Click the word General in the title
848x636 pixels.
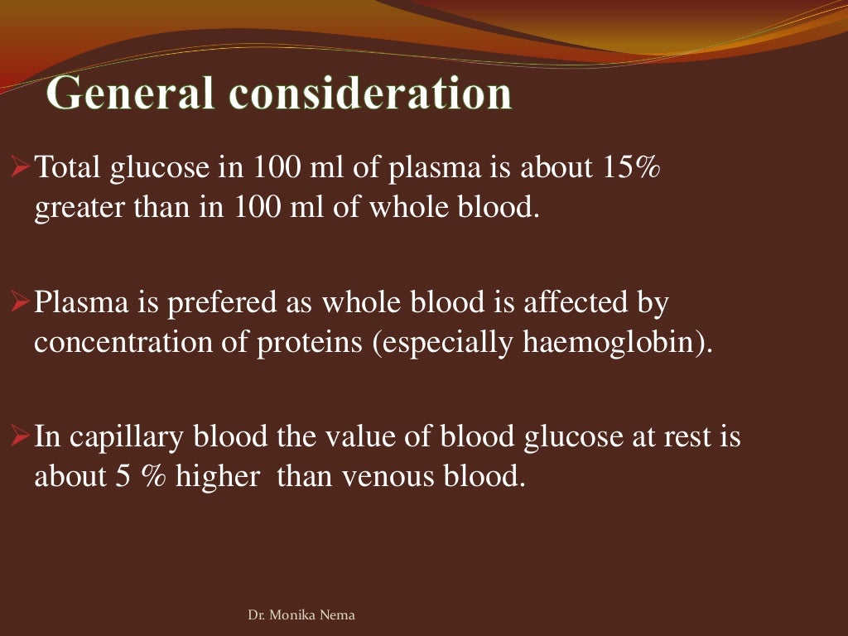coord(130,94)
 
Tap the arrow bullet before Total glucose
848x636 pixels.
coord(22,168)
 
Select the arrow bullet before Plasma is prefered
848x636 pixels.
coord(22,303)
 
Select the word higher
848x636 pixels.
coord(217,477)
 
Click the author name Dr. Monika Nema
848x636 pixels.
coord(301,615)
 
